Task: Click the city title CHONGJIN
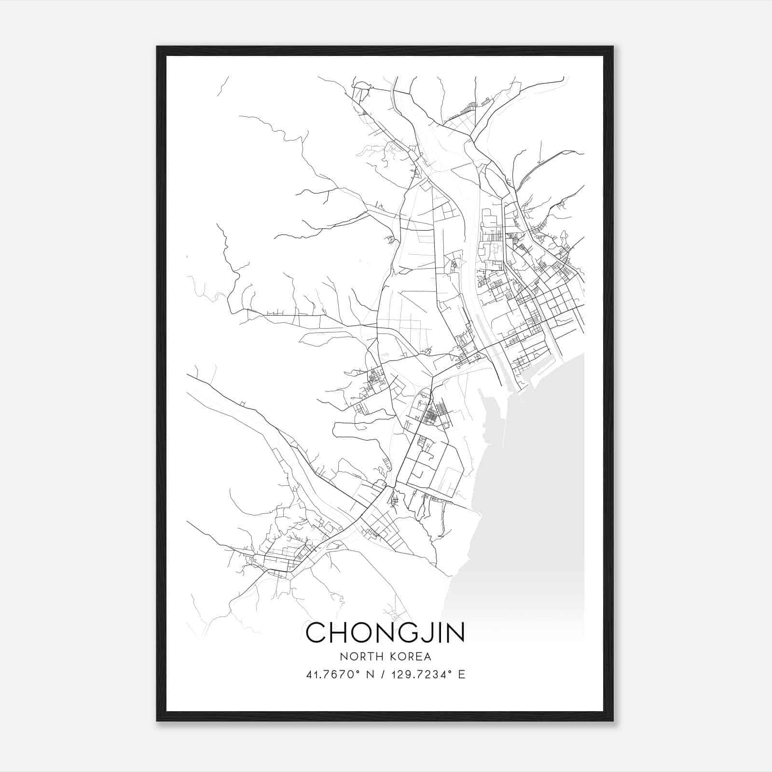(x=385, y=633)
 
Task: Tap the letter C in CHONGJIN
(x=317, y=633)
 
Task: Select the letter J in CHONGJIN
(x=425, y=633)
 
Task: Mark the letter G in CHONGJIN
(x=406, y=633)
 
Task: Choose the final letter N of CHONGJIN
(x=454, y=633)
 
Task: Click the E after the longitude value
(x=462, y=675)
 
